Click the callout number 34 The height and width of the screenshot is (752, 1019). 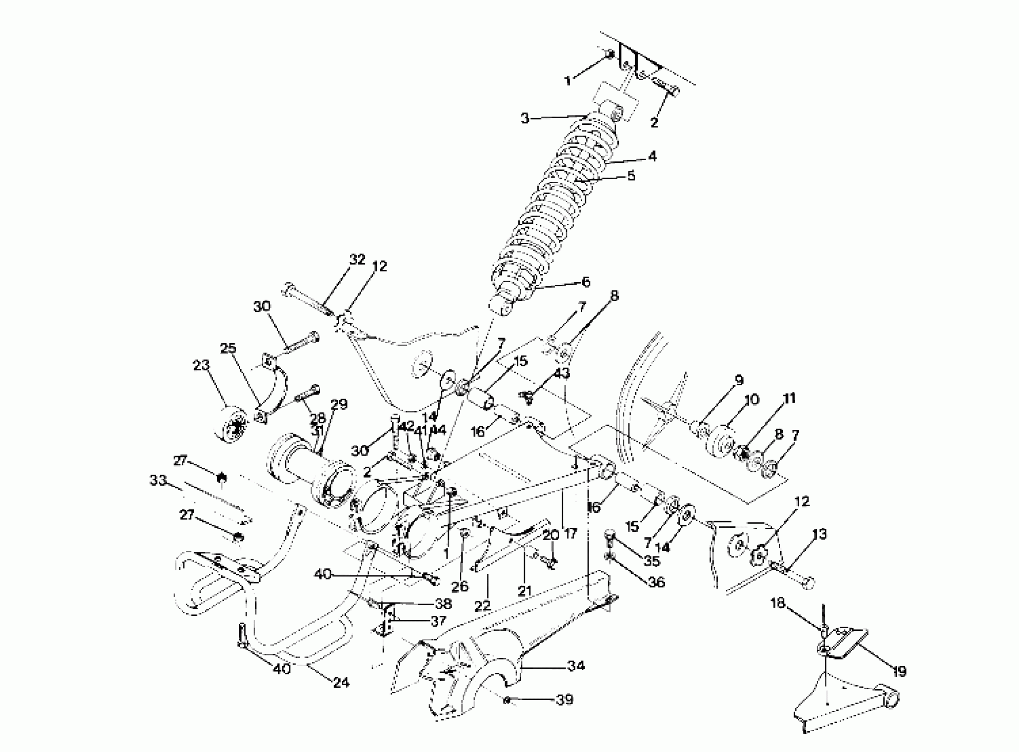[576, 666]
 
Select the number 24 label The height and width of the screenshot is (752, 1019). [341, 683]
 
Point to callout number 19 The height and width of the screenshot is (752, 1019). [899, 671]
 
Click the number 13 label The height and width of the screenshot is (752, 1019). [819, 534]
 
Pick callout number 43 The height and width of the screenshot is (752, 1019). [562, 373]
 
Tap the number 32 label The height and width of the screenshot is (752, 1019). [357, 260]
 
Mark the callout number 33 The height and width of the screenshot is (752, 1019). [158, 480]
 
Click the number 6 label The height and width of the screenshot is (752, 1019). [585, 282]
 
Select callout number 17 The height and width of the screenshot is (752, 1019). [570, 533]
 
